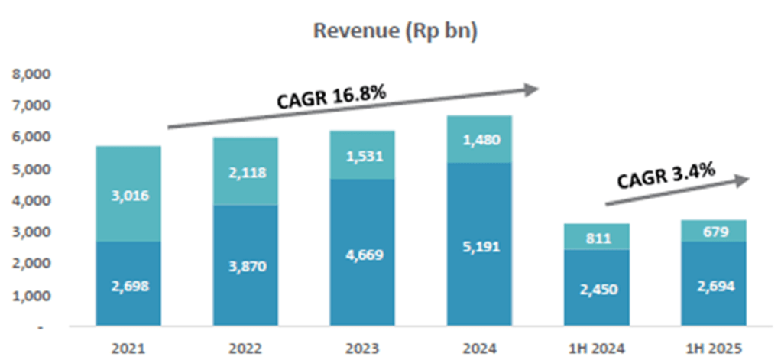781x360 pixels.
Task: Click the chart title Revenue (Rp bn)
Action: tap(395, 32)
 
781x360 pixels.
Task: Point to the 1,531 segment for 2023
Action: tap(362, 156)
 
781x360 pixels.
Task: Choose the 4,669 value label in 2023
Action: tap(362, 254)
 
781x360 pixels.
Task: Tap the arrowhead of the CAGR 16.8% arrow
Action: tap(532, 90)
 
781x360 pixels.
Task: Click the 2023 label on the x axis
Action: tap(362, 348)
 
